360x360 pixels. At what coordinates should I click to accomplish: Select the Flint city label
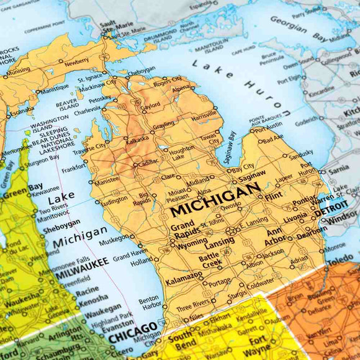(x=272, y=198)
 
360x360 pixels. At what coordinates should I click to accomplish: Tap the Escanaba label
(x=21, y=110)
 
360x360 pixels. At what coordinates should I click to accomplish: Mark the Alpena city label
(x=182, y=89)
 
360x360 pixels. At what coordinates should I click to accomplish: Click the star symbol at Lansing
(x=230, y=231)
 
